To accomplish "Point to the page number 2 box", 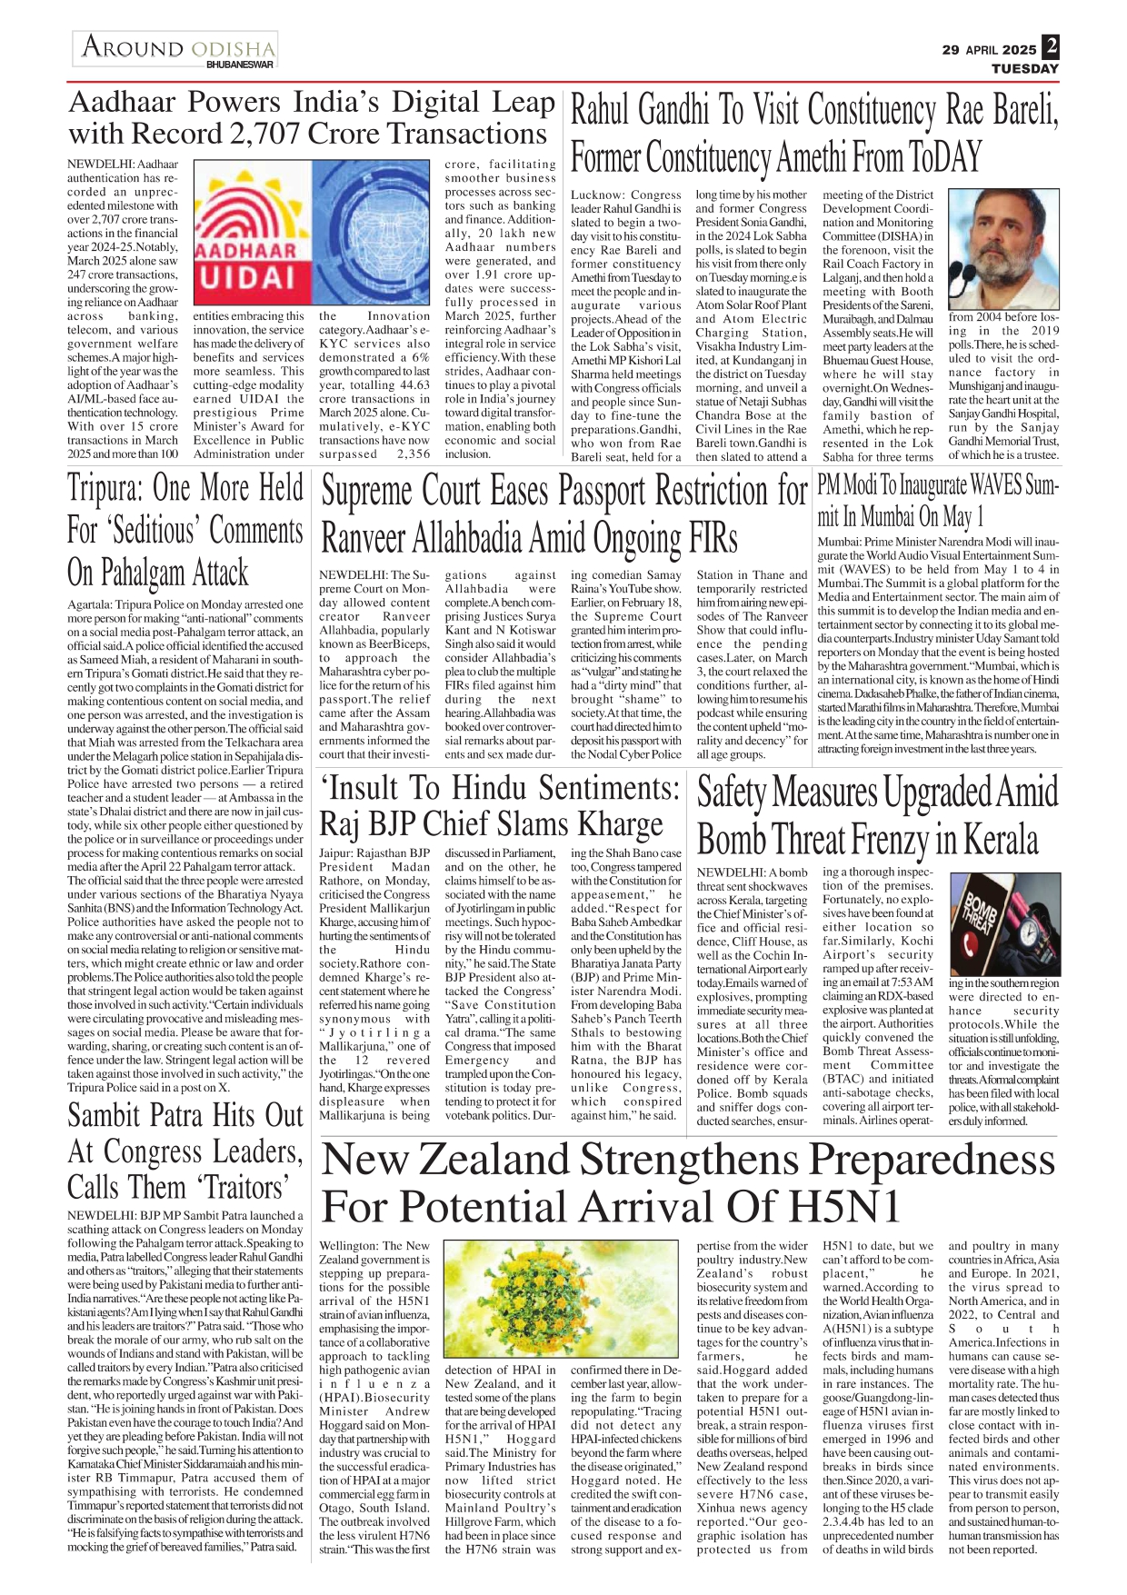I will coord(1051,46).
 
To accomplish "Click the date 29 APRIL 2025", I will coord(989,50).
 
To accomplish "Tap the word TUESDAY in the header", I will coord(1024,68).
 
